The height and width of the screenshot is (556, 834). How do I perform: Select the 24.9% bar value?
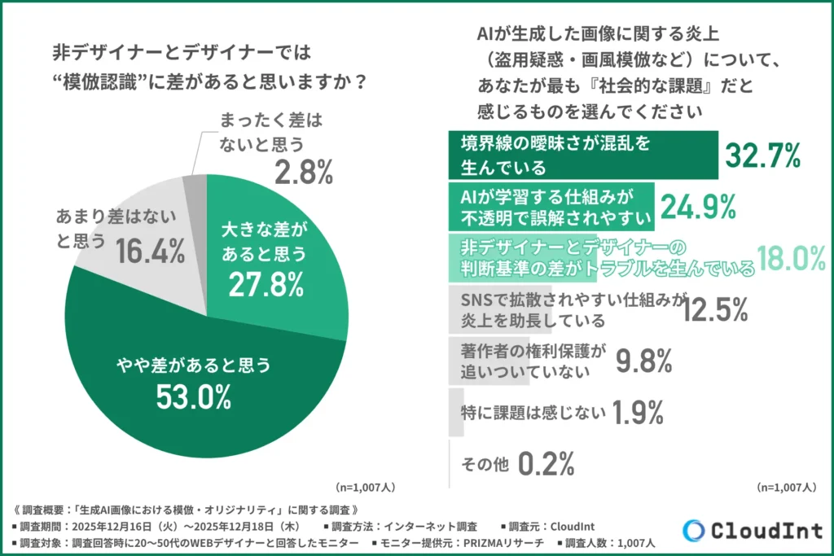click(698, 208)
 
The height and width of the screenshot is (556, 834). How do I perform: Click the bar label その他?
click(485, 465)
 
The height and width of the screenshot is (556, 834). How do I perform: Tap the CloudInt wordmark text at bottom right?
click(768, 531)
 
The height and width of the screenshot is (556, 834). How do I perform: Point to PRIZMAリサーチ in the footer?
click(498, 542)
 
